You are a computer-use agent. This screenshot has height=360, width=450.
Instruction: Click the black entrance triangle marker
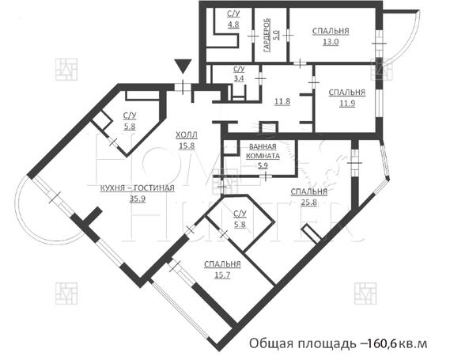tap(183, 66)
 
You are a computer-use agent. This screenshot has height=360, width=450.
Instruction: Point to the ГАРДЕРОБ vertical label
tap(268, 32)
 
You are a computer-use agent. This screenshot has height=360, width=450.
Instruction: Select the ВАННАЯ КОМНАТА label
tap(262, 151)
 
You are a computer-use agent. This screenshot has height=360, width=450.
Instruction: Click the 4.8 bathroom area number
tap(233, 25)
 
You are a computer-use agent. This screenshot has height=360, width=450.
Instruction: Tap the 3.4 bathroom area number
tap(239, 79)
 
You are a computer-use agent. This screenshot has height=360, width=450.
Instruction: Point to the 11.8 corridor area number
tap(282, 101)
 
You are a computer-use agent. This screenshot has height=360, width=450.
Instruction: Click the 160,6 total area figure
tap(381, 344)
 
